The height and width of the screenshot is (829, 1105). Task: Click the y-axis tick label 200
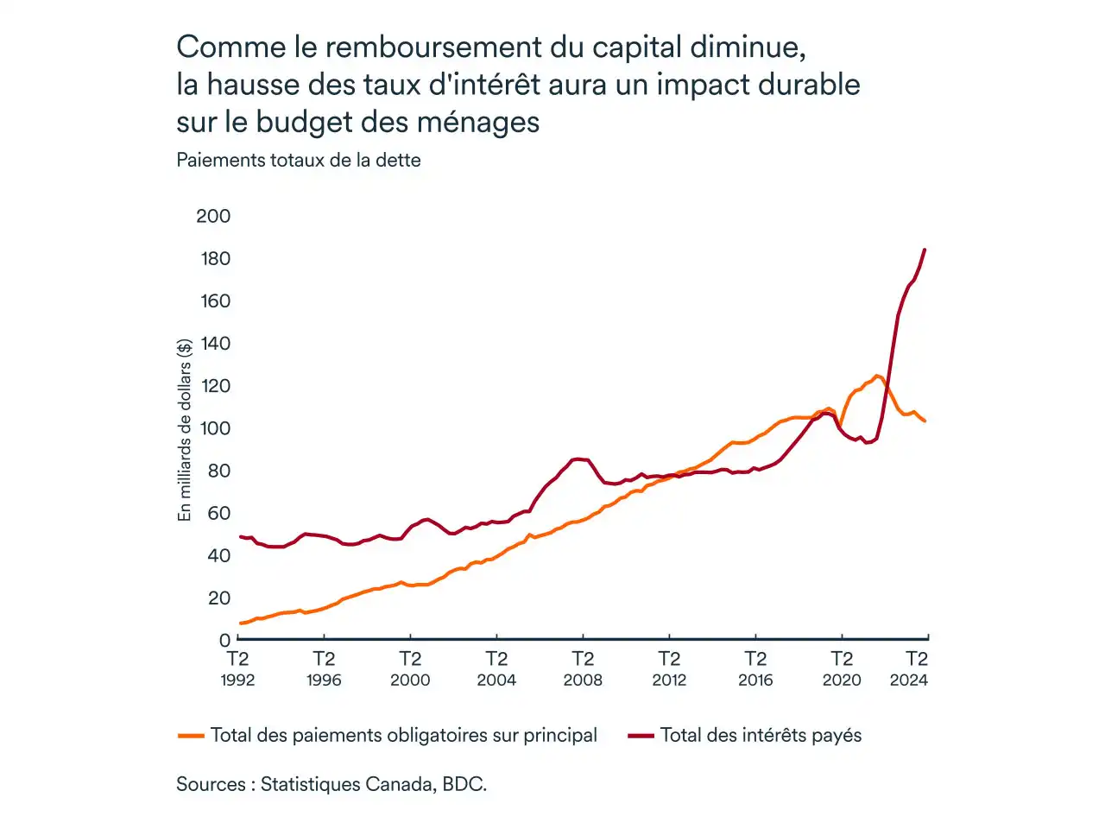213,216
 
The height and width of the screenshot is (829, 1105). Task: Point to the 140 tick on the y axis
215,343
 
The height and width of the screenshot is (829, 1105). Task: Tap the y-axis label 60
218,513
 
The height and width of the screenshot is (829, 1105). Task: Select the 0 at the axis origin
224,641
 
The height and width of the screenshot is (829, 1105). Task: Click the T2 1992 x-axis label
237,669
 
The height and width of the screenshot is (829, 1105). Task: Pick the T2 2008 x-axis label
583,669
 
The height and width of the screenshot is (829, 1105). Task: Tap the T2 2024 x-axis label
910,669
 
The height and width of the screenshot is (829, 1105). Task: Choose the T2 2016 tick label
755,669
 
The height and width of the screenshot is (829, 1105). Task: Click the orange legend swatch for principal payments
190,736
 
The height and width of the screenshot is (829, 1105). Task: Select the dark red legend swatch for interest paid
641,736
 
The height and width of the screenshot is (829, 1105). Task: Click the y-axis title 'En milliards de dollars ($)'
184,430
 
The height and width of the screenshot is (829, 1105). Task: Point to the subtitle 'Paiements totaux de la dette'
299,160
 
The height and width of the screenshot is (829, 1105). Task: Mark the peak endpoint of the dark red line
925,250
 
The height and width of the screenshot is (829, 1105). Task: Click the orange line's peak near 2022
878,376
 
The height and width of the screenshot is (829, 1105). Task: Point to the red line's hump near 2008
578,459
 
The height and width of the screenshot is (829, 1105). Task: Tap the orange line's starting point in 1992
240,623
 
